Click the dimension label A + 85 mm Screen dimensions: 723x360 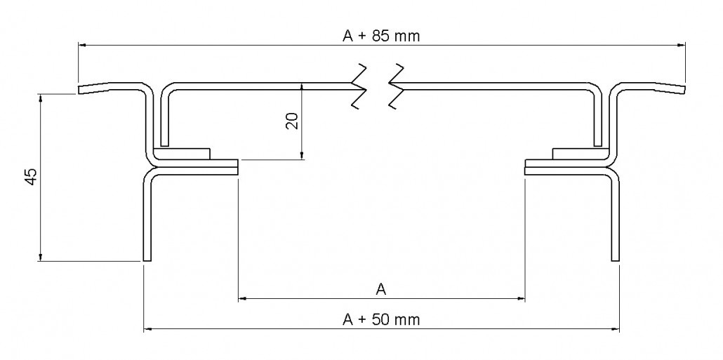tap(381, 36)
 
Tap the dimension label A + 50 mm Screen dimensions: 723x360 tap(381, 319)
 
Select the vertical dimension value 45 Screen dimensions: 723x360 tap(32, 177)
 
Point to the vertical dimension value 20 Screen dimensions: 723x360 tap(292, 121)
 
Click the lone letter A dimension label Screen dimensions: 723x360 tap(381, 290)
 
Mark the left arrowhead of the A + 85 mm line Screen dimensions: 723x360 tap(82, 45)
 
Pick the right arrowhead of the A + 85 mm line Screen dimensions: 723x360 tap(681, 45)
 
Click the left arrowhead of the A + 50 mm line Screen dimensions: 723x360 tap(148, 329)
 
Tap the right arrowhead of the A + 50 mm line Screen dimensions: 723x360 tap(615, 329)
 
